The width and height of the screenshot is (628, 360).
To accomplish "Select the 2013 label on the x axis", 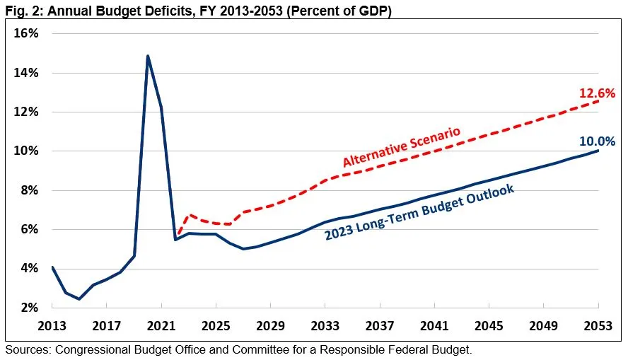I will click(52, 327).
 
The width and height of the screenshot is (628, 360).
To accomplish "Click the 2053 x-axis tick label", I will click(599, 327).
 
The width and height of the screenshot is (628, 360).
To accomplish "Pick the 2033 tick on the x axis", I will click(325, 327).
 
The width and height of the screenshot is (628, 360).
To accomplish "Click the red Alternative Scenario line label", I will click(401, 147).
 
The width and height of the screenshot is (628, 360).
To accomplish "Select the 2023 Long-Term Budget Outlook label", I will click(419, 213).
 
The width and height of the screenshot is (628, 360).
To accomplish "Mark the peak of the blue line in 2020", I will click(147, 55).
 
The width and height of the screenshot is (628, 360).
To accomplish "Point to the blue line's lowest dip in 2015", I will click(79, 298).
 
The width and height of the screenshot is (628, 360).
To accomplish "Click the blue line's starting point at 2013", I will click(52, 267).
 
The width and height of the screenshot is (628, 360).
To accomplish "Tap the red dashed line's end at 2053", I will click(599, 100).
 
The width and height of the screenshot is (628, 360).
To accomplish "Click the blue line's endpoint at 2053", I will click(599, 150).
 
